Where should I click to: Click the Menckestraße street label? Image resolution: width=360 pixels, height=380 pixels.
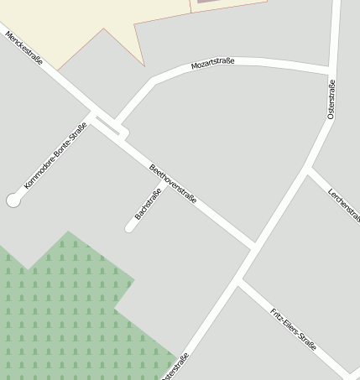[x=23, y=48]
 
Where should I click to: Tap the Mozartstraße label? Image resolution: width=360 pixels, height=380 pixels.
[x=212, y=63]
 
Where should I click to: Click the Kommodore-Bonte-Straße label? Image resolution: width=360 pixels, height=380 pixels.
[x=55, y=155]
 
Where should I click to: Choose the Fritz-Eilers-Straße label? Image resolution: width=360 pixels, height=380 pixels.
[x=293, y=329]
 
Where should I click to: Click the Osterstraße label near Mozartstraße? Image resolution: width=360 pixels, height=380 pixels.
[x=331, y=99]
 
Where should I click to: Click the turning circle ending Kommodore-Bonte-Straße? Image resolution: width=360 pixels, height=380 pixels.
[x=13, y=200]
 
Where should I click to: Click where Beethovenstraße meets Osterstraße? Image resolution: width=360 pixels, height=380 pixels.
[x=254, y=246]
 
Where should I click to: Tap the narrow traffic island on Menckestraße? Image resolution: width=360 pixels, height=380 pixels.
[x=108, y=126]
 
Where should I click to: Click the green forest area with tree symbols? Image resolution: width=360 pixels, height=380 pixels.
[x=59, y=310]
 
